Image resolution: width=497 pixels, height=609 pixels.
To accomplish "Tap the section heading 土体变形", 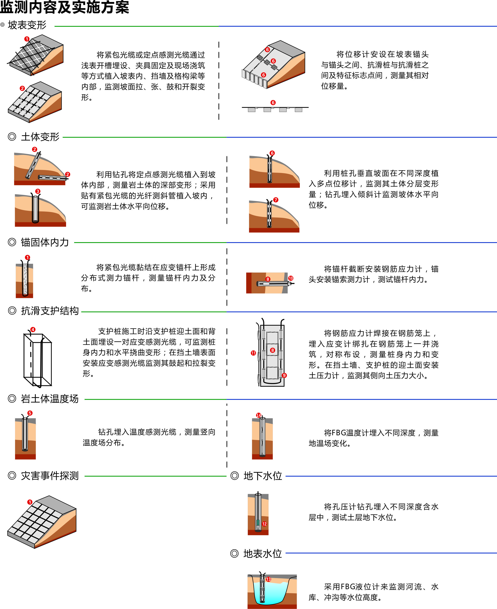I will [x=40, y=137].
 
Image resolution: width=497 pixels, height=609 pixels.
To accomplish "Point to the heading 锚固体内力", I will [x=45, y=242].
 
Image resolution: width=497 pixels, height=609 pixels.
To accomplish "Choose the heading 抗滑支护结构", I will [x=50, y=311].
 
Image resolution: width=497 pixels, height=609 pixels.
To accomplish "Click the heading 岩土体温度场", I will [x=50, y=399].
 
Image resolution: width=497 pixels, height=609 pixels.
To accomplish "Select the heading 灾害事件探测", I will [x=50, y=476].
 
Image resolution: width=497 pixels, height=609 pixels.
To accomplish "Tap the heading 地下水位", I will [x=263, y=476].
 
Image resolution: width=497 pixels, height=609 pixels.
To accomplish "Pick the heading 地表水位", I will [x=263, y=553].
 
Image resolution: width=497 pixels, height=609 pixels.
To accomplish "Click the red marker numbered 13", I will [x=268, y=579].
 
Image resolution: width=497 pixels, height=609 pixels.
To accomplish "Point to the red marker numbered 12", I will [x=264, y=524].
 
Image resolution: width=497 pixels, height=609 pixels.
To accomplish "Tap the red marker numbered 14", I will [x=258, y=415].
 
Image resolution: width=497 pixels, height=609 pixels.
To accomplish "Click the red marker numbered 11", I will [x=253, y=353].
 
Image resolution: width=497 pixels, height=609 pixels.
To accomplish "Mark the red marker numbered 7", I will [x=276, y=200].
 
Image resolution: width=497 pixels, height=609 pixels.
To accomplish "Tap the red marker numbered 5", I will [x=30, y=413].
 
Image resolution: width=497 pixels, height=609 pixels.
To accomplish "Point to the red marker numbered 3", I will [x=38, y=191].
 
